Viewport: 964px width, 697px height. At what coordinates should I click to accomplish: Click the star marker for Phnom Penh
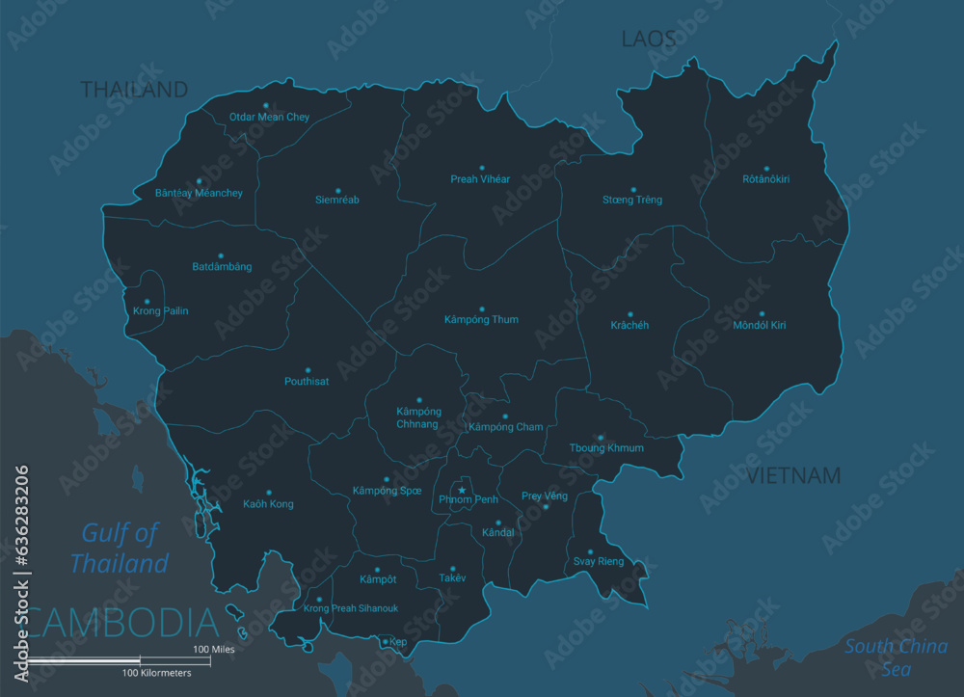pyautogui.click(x=462, y=491)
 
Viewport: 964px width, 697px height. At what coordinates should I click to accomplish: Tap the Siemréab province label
pyautogui.click(x=337, y=201)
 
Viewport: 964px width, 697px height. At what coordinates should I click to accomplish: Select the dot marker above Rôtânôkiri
pyautogui.click(x=767, y=169)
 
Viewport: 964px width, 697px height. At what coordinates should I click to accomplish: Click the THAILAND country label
pyautogui.click(x=134, y=90)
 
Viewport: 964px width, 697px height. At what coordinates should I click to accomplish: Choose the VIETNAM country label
pyautogui.click(x=793, y=475)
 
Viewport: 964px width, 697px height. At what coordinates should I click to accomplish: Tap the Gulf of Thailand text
pyautogui.click(x=120, y=549)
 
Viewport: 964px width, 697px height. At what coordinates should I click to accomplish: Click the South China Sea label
pyautogui.click(x=896, y=657)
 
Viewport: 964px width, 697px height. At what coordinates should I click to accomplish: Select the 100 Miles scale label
pyautogui.click(x=213, y=650)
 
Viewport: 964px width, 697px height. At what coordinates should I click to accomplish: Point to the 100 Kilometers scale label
pyautogui.click(x=157, y=672)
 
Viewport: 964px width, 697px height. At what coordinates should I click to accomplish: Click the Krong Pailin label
pyautogui.click(x=161, y=311)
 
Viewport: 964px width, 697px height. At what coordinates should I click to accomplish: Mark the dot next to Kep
pyautogui.click(x=385, y=642)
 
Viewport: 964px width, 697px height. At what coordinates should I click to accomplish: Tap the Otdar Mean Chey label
pyautogui.click(x=269, y=118)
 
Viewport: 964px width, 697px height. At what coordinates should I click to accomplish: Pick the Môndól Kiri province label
pyautogui.click(x=760, y=326)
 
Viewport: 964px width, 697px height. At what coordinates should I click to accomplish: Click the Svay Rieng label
pyautogui.click(x=599, y=561)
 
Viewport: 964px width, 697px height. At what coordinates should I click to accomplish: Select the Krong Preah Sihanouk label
pyautogui.click(x=351, y=608)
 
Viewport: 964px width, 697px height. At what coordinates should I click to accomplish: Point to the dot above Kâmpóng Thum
pyautogui.click(x=482, y=309)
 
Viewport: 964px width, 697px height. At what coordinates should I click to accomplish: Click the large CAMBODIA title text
pyautogui.click(x=120, y=623)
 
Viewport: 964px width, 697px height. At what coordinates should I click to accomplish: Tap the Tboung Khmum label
pyautogui.click(x=606, y=448)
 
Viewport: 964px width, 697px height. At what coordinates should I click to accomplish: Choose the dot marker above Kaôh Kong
pyautogui.click(x=269, y=493)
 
